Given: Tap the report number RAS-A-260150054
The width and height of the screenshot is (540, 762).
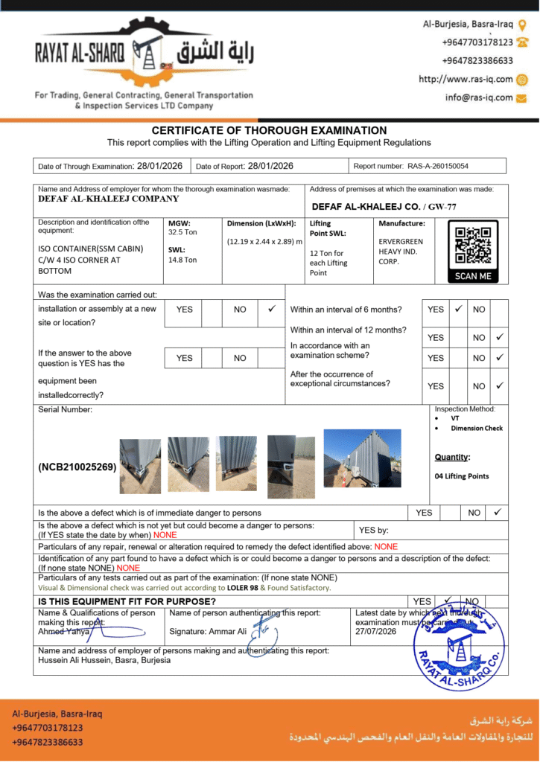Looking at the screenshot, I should pos(437,166).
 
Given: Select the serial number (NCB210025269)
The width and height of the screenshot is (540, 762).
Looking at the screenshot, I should pos(77,467).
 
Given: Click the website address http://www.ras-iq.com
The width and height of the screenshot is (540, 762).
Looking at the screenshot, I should pos(466,79).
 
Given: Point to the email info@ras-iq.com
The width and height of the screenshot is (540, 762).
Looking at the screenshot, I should pos(479,97).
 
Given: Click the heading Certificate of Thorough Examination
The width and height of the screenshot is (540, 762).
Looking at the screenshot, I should pos(269,130).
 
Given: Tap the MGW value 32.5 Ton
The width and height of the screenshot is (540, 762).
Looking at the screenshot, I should pos(182,232).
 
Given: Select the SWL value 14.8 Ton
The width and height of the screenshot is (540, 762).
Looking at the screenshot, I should pos(182,260).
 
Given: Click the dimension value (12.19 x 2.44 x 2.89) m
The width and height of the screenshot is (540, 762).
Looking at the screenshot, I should pos(264,241).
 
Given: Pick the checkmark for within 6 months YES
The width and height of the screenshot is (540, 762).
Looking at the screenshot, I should pos(459,308).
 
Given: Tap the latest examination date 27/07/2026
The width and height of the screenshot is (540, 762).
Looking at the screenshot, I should pos(375,632).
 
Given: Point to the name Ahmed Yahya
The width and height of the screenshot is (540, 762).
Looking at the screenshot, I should pos(63,632).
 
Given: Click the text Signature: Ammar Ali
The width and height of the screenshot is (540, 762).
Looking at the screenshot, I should pos(208,632).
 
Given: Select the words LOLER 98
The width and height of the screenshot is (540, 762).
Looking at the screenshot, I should pos(242,588).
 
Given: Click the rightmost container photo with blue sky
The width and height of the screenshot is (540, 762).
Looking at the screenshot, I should pos(363,458).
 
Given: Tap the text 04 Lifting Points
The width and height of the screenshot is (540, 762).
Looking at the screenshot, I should pos(462,476).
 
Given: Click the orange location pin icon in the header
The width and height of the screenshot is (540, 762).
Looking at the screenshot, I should pos(521,24).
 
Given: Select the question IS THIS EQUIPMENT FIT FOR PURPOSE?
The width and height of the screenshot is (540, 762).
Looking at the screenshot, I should pos(127,601).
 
